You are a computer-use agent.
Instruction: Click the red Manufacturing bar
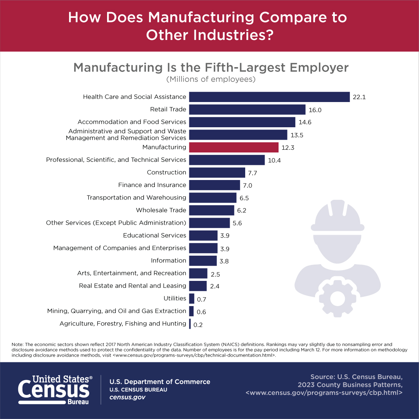(x=234, y=147)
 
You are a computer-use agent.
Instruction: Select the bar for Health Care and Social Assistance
(x=270, y=97)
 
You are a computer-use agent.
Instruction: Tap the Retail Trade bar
(x=248, y=109)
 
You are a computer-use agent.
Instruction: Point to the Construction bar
(x=217, y=173)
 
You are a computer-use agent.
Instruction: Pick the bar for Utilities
(x=192, y=298)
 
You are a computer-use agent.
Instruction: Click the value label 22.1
(x=359, y=97)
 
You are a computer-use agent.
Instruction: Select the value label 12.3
(x=287, y=148)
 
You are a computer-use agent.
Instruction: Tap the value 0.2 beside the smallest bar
(x=198, y=325)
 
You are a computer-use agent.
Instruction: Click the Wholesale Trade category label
(x=161, y=210)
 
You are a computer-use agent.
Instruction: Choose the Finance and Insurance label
(x=152, y=185)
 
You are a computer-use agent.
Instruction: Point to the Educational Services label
(x=154, y=235)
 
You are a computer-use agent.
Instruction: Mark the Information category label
(x=169, y=261)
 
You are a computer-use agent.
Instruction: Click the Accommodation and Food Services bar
(x=242, y=122)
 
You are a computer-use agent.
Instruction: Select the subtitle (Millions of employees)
(x=211, y=80)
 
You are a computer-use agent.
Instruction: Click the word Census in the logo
(x=54, y=389)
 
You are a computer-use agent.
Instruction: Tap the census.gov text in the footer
(x=127, y=397)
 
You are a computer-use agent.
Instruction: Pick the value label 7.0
(x=247, y=186)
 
